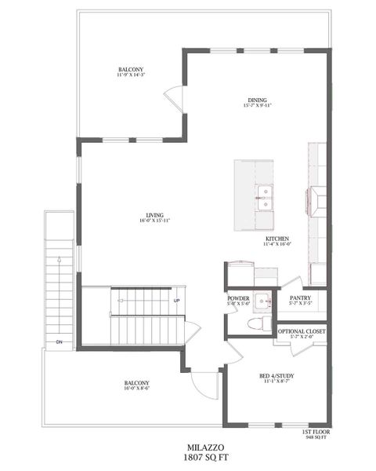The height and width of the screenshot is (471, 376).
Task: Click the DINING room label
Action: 258,100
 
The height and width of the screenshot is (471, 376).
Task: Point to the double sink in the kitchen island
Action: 265,196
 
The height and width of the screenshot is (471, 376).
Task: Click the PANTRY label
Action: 301,298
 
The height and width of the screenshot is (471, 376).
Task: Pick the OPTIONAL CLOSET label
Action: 301,331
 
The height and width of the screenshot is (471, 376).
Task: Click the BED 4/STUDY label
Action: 277,376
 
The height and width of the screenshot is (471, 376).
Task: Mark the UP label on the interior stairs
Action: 176,301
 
